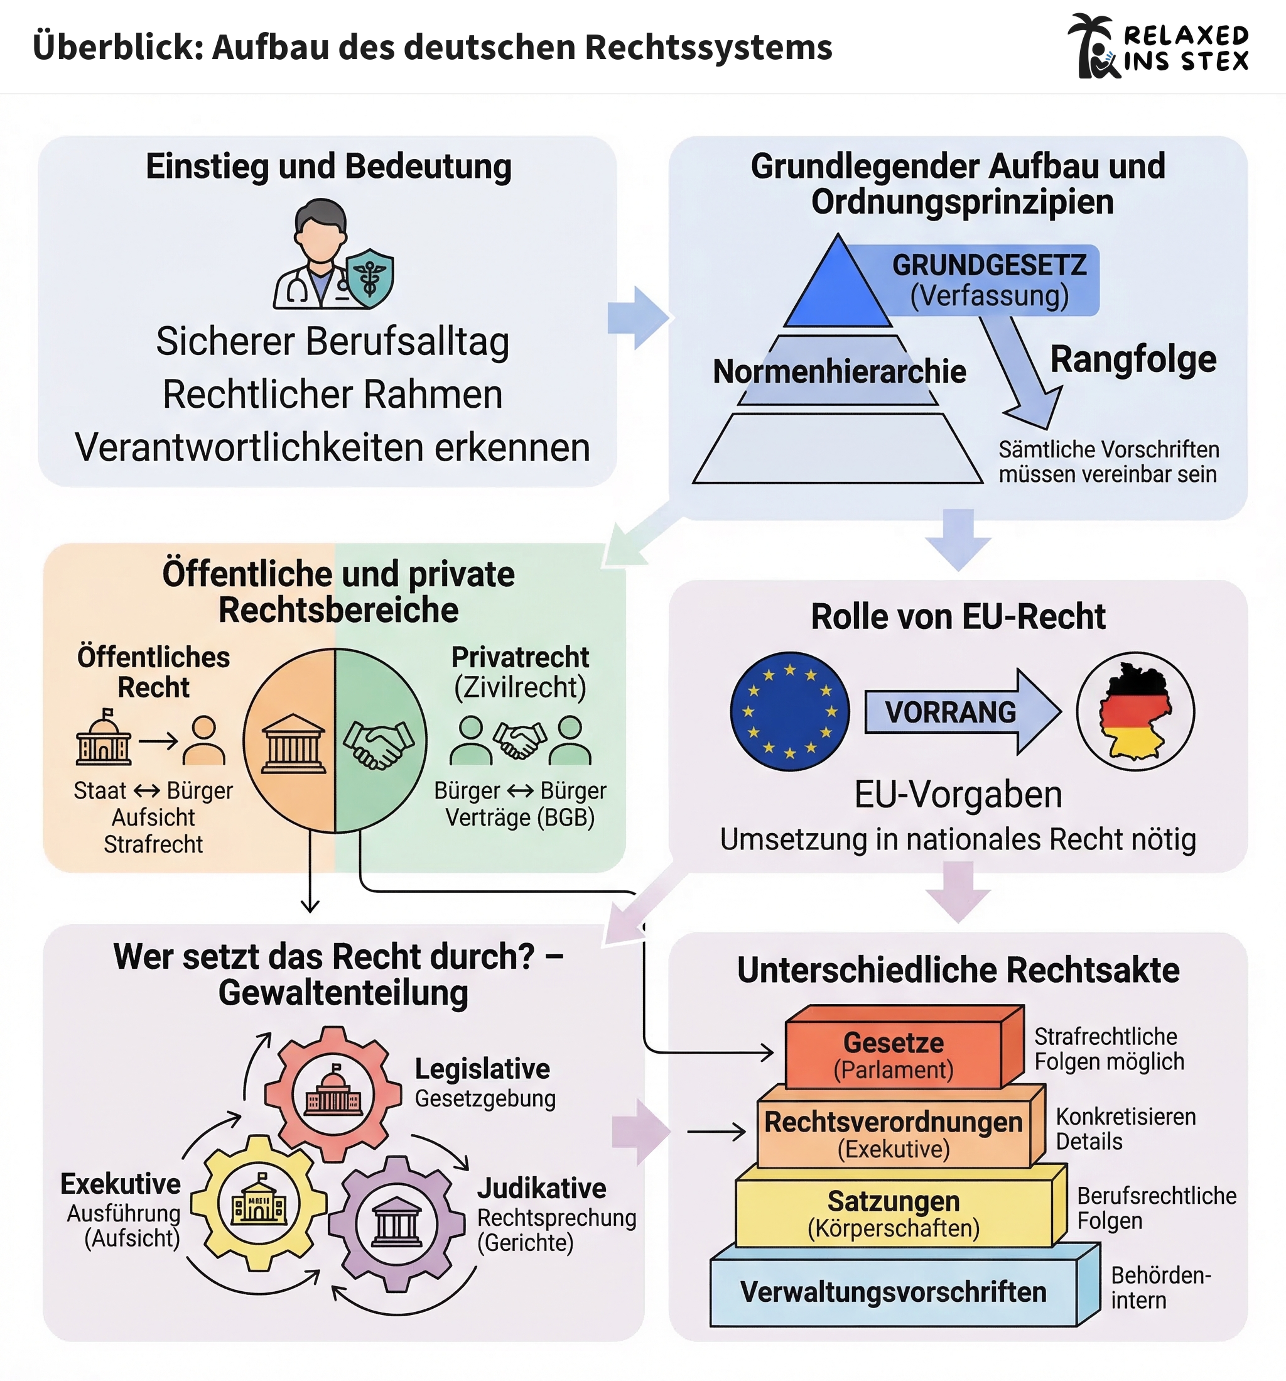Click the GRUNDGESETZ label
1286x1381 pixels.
click(989, 266)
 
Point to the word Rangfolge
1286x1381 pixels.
click(1133, 360)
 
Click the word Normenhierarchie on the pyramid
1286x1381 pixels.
click(839, 372)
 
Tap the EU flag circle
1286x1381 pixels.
click(789, 711)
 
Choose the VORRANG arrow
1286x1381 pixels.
click(962, 712)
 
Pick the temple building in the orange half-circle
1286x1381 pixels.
click(293, 744)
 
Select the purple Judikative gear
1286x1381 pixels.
click(396, 1223)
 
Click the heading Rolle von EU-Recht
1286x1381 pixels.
click(958, 617)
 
